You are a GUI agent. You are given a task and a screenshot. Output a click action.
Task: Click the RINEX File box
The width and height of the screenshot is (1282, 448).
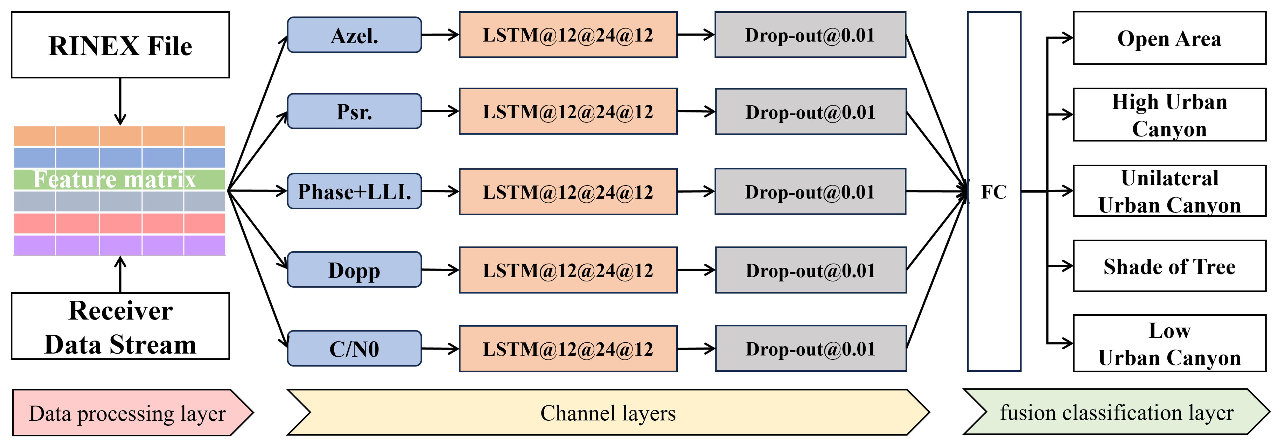click(x=120, y=45)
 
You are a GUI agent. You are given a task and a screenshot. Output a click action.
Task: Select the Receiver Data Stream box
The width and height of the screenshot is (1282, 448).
click(x=120, y=326)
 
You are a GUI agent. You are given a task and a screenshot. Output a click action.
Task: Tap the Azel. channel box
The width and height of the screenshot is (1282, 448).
click(x=354, y=35)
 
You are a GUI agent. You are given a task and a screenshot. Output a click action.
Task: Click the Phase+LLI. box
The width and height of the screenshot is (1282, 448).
click(x=354, y=191)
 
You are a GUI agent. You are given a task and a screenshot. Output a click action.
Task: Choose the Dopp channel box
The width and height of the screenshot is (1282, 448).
click(x=354, y=270)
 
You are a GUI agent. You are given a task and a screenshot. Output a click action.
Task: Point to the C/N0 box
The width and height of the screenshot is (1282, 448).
click(x=354, y=348)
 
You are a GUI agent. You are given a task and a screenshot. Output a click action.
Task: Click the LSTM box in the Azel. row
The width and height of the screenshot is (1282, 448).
click(x=568, y=35)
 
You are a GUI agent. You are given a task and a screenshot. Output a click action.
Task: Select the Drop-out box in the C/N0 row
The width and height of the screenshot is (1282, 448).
click(x=811, y=348)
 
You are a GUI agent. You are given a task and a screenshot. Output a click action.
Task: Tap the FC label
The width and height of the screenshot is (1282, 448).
click(x=994, y=192)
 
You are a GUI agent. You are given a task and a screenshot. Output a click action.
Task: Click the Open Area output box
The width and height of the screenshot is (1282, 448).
click(x=1169, y=38)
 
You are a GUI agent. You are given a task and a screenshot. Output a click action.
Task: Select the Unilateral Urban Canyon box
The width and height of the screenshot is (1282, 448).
click(x=1169, y=191)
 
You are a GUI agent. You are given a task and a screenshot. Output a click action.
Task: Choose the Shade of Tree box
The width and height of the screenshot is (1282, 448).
click(x=1169, y=266)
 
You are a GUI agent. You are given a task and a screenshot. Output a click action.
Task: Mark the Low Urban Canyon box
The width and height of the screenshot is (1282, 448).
click(x=1169, y=343)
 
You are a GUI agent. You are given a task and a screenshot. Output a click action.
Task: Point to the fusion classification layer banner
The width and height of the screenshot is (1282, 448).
click(x=1116, y=413)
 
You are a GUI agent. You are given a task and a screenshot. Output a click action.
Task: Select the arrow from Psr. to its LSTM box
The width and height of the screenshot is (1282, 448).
click(x=440, y=111)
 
